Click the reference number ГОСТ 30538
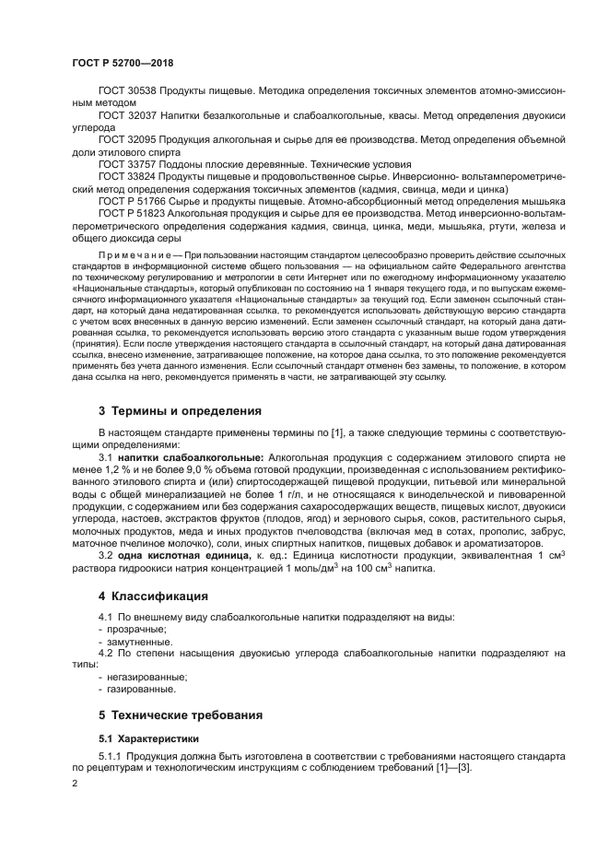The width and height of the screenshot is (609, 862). tap(127, 93)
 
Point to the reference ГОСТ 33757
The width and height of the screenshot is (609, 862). tap(127, 162)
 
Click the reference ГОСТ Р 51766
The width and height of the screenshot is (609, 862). tap(134, 199)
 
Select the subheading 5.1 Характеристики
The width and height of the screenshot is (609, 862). tap(150, 738)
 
